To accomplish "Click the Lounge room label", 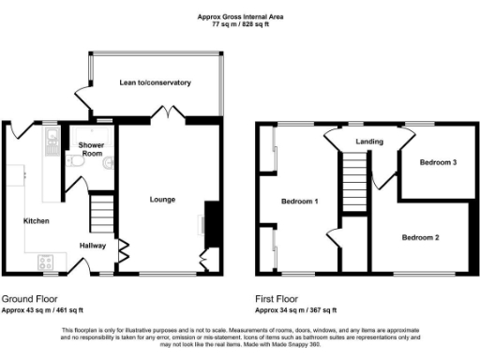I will tap(162, 199).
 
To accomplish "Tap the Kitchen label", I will tap(37, 221).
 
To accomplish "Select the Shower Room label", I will tap(91, 148).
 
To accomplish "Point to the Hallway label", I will tap(92, 246).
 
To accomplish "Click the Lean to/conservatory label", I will tap(155, 83).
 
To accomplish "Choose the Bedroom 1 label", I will tap(300, 201).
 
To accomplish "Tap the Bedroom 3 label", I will tap(438, 162).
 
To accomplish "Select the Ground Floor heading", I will tap(27, 300).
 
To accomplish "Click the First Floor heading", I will tap(278, 300).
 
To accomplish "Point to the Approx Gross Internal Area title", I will tap(240, 16).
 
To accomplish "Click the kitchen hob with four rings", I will tap(46, 262).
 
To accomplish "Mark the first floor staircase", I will tap(351, 182).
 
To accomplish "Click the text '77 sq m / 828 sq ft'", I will tap(240, 24).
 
